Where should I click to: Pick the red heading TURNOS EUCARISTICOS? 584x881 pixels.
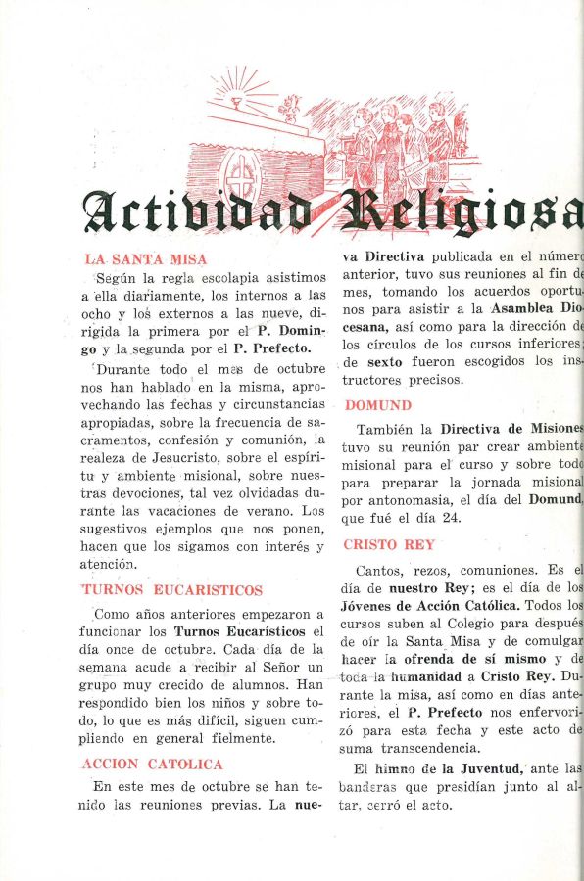click(172, 590)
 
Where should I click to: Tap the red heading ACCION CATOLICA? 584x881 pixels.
click(154, 764)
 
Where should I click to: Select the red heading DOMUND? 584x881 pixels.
click(377, 405)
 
